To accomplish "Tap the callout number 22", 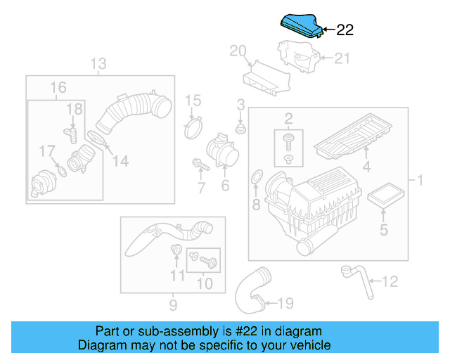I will coord(345,30).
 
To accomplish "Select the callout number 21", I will coord(341,59).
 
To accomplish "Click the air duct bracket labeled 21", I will coord(300,58).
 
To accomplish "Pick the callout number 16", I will coord(58,88).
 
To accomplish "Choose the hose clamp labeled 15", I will coord(193,128).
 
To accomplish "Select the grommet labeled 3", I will coord(240,130).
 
